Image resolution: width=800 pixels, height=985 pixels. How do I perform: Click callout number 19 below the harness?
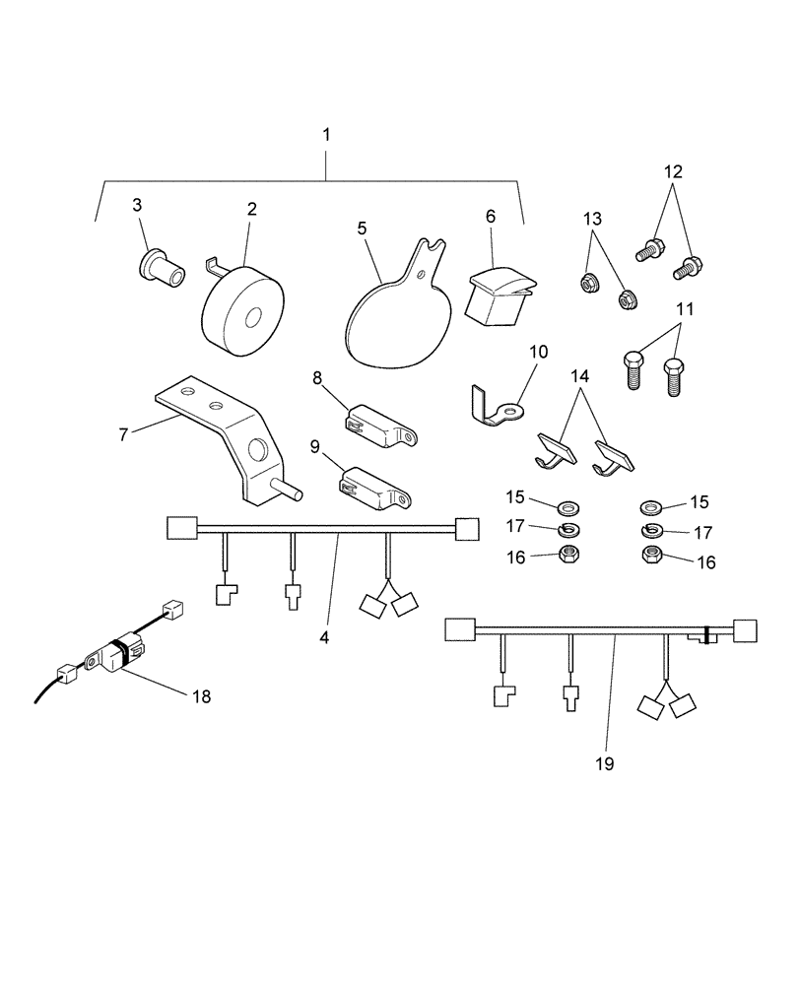(x=604, y=762)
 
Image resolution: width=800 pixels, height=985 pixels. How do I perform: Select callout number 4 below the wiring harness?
(x=325, y=636)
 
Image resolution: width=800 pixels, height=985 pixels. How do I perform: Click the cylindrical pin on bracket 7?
(x=292, y=487)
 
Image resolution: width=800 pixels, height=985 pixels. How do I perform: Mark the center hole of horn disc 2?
(x=253, y=316)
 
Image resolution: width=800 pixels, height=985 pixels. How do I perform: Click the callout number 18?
(x=201, y=696)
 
